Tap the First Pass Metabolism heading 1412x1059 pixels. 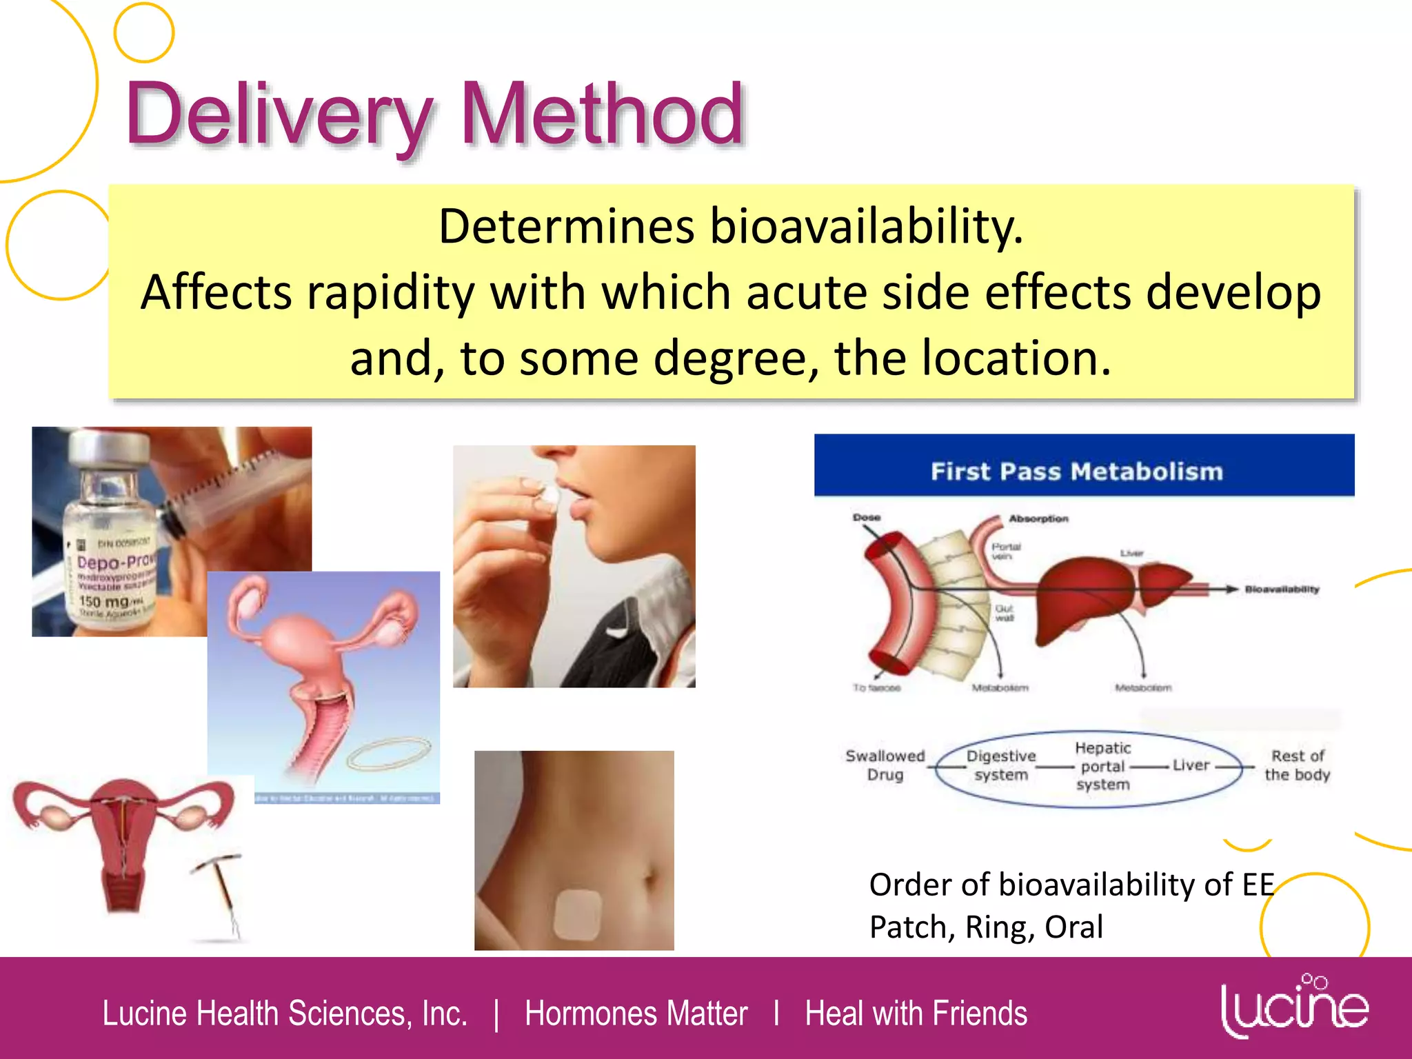pyautogui.click(x=1077, y=472)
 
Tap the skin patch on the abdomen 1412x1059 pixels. pyautogui.click(x=578, y=915)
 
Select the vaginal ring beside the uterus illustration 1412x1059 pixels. pyautogui.click(x=390, y=754)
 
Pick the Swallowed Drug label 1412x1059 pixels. pyautogui.click(x=885, y=765)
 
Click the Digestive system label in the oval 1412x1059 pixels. pyautogui.click(x=1001, y=765)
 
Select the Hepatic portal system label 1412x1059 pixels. pyautogui.click(x=1103, y=766)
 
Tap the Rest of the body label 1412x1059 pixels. pyautogui.click(x=1297, y=765)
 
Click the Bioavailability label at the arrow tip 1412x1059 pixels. pyautogui.click(x=1282, y=589)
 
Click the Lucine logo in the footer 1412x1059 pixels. pyautogui.click(x=1294, y=1007)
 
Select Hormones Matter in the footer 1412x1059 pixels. pyautogui.click(x=636, y=1013)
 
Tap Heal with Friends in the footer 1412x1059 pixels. pyautogui.click(x=916, y=1013)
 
